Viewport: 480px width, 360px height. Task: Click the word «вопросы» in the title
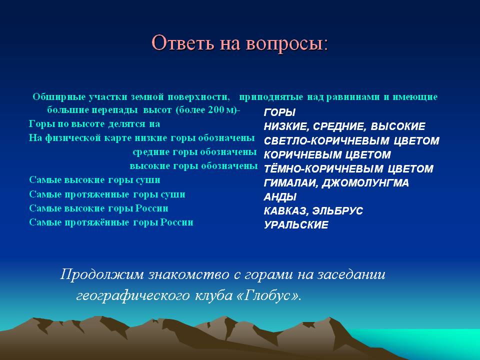pos(286,43)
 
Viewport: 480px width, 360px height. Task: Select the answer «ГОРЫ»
pos(279,112)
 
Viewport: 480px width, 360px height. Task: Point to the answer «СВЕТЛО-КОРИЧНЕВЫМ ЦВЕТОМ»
pos(351,141)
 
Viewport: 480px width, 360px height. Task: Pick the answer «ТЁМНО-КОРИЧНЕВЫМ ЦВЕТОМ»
pos(348,168)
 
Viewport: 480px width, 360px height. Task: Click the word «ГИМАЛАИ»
pos(291,183)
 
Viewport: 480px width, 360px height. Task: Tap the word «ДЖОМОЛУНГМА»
pos(365,183)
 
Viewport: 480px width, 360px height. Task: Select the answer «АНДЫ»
pos(280,197)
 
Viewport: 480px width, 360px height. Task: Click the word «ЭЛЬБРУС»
pos(337,211)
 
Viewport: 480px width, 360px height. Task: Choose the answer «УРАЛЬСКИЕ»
pos(296,225)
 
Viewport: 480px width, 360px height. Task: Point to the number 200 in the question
pos(216,110)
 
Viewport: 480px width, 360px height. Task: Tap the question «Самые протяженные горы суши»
pos(107,194)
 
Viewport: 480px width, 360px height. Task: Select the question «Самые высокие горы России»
pos(98,208)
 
